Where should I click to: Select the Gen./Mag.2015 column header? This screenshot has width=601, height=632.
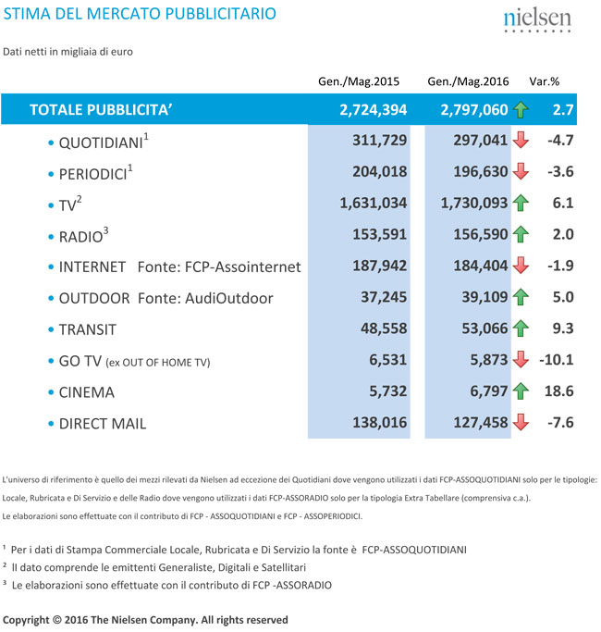point(356,81)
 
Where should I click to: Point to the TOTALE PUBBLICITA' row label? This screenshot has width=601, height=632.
point(102,110)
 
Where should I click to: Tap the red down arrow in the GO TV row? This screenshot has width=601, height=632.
point(521,361)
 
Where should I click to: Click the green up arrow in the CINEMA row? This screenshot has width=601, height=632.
point(521,392)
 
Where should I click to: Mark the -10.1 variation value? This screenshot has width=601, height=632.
point(557,361)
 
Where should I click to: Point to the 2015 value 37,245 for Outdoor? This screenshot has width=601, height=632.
point(382,298)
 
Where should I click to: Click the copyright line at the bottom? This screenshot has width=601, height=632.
point(145,619)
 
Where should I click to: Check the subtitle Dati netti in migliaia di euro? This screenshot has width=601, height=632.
point(68,51)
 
